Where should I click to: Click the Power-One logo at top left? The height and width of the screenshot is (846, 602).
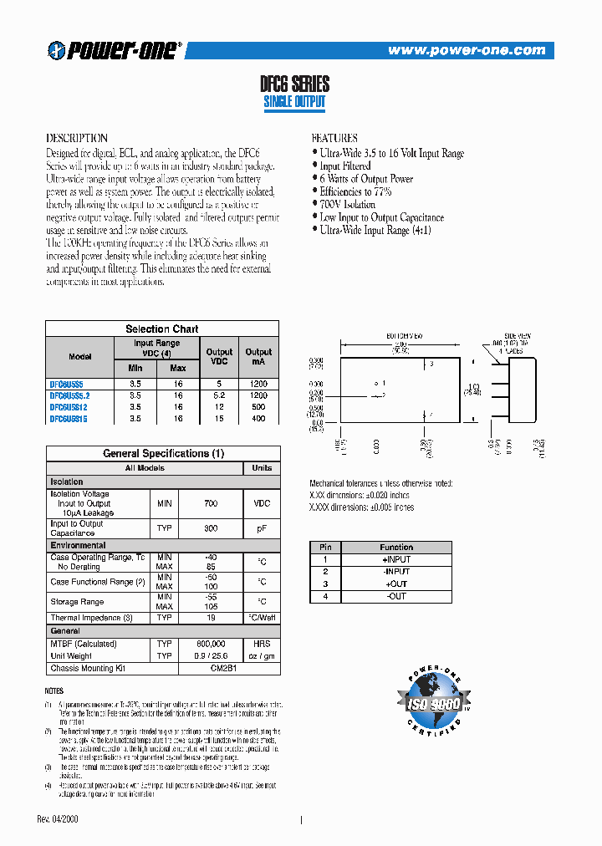click(x=115, y=50)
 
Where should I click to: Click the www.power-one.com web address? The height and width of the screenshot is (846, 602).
click(x=467, y=51)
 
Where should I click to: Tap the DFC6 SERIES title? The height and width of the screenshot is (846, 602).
click(x=295, y=84)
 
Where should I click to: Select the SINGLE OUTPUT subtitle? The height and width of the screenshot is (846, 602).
click(x=294, y=102)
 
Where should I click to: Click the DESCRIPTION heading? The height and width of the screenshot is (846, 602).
click(x=76, y=138)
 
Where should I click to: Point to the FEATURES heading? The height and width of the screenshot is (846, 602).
click(x=334, y=138)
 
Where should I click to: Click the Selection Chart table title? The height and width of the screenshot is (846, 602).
click(x=162, y=329)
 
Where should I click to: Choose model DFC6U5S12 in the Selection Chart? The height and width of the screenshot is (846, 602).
click(x=68, y=406)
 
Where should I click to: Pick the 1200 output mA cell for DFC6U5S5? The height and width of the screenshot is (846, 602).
click(x=258, y=383)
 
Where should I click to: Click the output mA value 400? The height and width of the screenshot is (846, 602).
click(x=258, y=418)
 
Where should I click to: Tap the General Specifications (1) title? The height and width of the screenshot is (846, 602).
click(x=163, y=453)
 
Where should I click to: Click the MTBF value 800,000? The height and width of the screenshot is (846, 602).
click(x=210, y=644)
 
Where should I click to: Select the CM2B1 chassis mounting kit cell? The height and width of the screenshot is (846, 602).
click(x=210, y=668)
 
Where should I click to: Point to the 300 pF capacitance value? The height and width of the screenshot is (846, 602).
click(x=210, y=528)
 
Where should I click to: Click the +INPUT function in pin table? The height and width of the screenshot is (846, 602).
click(x=396, y=559)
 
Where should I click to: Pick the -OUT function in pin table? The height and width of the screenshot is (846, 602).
click(x=396, y=596)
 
